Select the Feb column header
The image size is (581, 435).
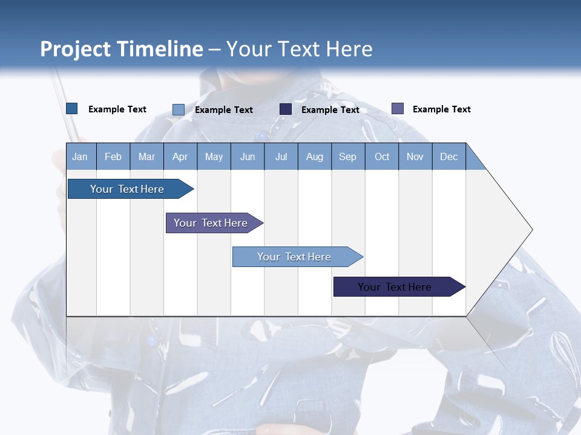tap(113, 156)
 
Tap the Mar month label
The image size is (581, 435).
tap(146, 156)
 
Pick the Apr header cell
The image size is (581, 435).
tap(180, 156)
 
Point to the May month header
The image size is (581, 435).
tap(214, 156)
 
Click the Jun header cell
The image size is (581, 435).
tap(248, 156)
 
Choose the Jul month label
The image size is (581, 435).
tap(281, 156)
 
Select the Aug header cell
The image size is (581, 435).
tap(315, 156)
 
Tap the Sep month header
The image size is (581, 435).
tap(348, 156)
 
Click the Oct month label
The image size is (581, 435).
tap(382, 156)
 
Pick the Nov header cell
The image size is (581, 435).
tap(415, 156)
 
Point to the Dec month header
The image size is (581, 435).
tap(448, 156)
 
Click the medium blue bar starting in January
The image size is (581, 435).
tap(131, 188)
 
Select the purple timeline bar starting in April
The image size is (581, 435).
tap(214, 223)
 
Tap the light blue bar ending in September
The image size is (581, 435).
tap(298, 257)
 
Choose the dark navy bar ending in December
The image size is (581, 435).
tap(399, 286)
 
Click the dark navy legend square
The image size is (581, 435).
tap(285, 109)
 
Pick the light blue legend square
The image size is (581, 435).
tap(178, 109)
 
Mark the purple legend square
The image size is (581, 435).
tap(398, 108)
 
